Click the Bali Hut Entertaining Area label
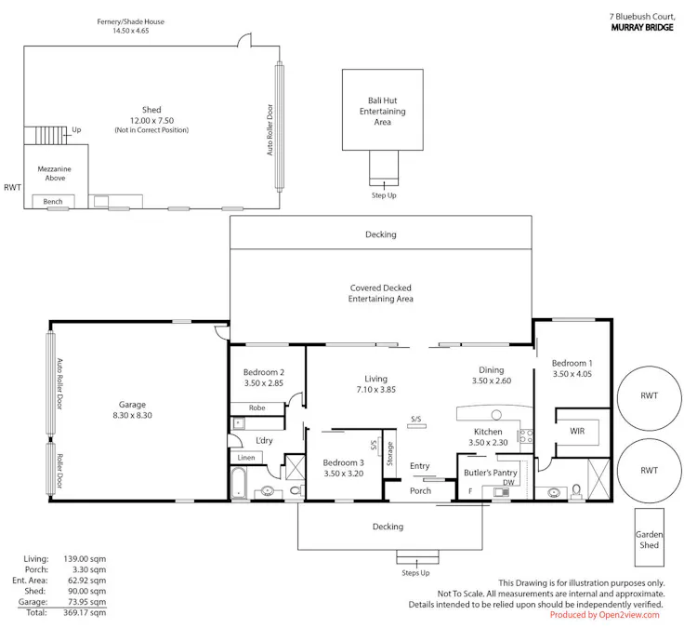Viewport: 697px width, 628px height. [382, 111]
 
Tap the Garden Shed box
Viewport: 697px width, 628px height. [649, 540]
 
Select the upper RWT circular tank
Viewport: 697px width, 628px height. [649, 395]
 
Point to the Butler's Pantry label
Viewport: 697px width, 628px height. [490, 473]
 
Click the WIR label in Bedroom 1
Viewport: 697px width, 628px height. [577, 431]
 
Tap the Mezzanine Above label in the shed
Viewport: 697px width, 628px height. [50, 173]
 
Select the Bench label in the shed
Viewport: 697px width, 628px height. [52, 201]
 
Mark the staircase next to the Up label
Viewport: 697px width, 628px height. [46, 135]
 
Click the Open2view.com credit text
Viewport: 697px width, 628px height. [604, 615]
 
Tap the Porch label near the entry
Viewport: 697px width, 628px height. [420, 490]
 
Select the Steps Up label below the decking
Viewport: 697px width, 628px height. [414, 572]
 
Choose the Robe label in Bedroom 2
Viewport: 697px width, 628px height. [257, 408]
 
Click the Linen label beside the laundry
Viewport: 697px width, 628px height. [246, 457]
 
